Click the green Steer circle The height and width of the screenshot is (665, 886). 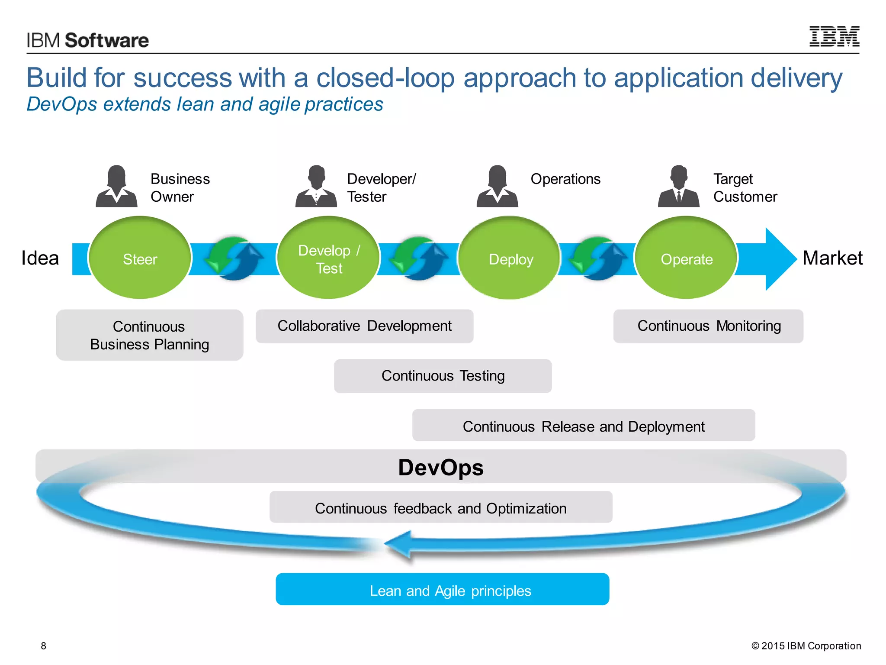(x=140, y=258)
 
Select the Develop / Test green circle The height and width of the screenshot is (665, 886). (x=328, y=258)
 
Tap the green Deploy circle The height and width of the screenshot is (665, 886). (x=510, y=258)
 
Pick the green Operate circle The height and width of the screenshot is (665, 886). (x=686, y=258)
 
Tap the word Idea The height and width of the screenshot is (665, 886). (x=40, y=258)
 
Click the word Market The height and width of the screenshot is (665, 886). (x=832, y=258)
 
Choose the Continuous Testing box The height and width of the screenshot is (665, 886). (x=443, y=376)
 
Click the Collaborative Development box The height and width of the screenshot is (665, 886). (x=364, y=326)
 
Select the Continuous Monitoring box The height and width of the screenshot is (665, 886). (x=708, y=326)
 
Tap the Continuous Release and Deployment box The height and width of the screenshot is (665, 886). (x=583, y=426)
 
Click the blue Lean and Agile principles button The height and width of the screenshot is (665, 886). (x=442, y=589)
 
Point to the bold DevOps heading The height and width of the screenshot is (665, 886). (x=440, y=468)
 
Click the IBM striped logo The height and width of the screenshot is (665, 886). (x=834, y=37)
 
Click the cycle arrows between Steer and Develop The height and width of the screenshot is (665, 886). (x=234, y=258)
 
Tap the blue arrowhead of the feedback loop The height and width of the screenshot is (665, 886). (x=398, y=545)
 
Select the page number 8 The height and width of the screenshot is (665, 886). (x=43, y=646)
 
